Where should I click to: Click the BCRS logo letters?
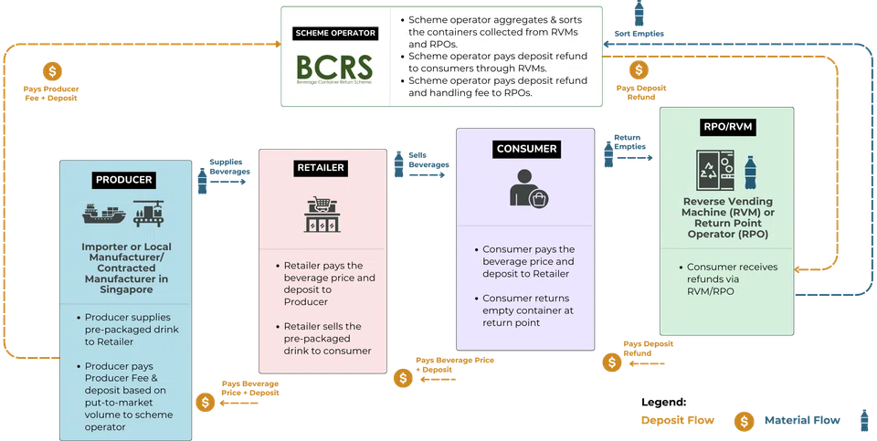click(334, 68)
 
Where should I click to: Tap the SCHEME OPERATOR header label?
click(335, 34)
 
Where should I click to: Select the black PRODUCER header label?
click(122, 179)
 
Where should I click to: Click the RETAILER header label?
click(320, 168)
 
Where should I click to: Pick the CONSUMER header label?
click(525, 148)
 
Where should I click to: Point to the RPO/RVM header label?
click(728, 127)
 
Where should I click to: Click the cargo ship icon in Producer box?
click(103, 214)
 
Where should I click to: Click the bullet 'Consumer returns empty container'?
click(528, 310)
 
